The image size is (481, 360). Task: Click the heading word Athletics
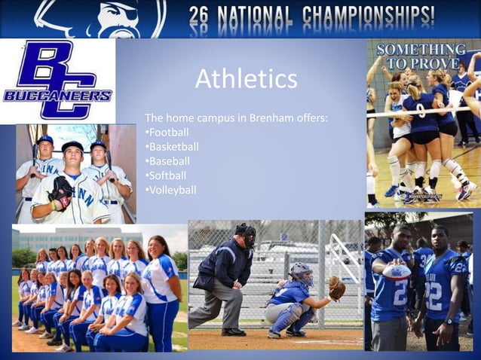(x=246, y=79)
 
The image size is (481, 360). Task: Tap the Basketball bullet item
(x=173, y=147)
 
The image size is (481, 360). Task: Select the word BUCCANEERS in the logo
(x=57, y=95)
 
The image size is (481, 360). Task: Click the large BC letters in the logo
(x=59, y=75)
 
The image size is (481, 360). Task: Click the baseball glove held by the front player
(x=60, y=189)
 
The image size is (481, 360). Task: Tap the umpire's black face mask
(x=246, y=234)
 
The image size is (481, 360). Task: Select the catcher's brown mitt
(x=336, y=287)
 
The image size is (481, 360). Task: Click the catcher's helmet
(x=301, y=272)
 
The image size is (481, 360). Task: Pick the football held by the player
(x=397, y=271)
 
